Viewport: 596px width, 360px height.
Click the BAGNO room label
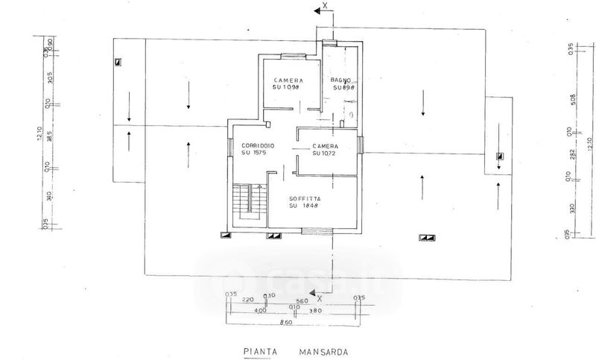coord(341,80)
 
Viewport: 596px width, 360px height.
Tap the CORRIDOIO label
coord(254,145)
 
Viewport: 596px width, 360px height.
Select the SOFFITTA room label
coord(306,198)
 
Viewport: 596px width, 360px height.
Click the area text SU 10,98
coord(286,87)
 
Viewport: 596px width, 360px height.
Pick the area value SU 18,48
coord(306,206)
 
